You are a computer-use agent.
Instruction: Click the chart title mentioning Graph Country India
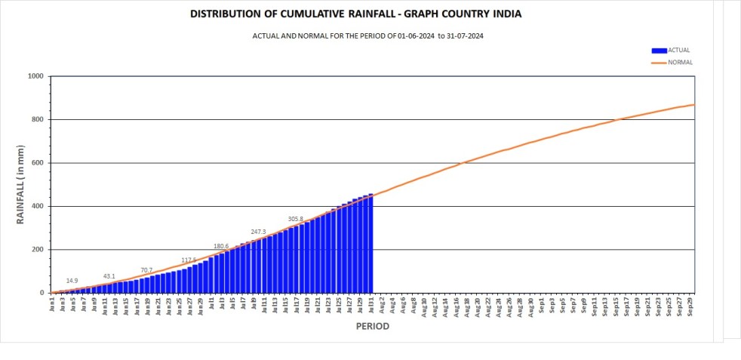(x=355, y=14)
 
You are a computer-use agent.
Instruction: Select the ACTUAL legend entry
(x=678, y=51)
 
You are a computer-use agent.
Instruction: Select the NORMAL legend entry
(x=679, y=63)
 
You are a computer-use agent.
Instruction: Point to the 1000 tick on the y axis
(x=35, y=76)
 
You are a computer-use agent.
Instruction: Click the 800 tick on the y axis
(x=37, y=119)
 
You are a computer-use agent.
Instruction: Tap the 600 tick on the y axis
(x=37, y=163)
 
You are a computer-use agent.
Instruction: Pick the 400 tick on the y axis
(x=37, y=206)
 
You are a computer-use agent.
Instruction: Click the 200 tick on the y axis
(x=37, y=250)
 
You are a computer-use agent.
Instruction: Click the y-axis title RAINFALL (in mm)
(x=21, y=184)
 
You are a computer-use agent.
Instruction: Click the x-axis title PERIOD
(x=372, y=327)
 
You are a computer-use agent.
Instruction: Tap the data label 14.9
(x=72, y=281)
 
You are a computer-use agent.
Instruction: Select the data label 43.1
(x=109, y=276)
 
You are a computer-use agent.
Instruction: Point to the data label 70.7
(x=146, y=270)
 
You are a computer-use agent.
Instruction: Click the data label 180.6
(x=221, y=246)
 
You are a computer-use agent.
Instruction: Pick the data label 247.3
(x=258, y=232)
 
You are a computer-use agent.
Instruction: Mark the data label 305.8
(x=295, y=219)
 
